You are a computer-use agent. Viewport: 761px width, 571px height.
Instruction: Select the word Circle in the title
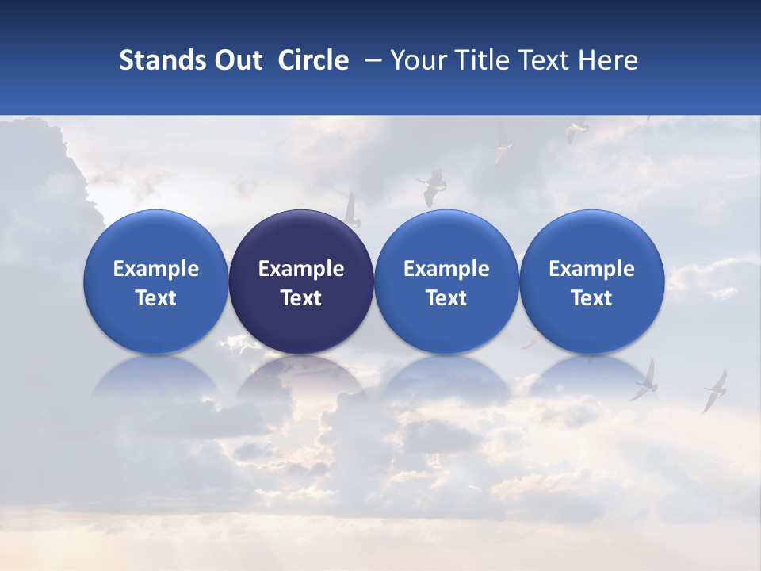pyautogui.click(x=313, y=60)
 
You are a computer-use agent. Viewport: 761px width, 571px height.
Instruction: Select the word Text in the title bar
pyautogui.click(x=541, y=60)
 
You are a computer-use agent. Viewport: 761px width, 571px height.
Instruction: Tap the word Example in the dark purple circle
pyautogui.click(x=301, y=269)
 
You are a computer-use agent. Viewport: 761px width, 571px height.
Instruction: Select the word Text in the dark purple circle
pyautogui.click(x=301, y=298)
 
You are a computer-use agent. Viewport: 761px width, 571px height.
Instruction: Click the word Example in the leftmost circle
pyautogui.click(x=155, y=269)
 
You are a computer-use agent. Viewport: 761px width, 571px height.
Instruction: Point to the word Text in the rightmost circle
pyautogui.click(x=591, y=298)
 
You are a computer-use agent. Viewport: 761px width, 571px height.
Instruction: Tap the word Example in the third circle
pyautogui.click(x=446, y=269)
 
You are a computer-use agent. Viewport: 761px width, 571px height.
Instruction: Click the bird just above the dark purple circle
pyautogui.click(x=350, y=209)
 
